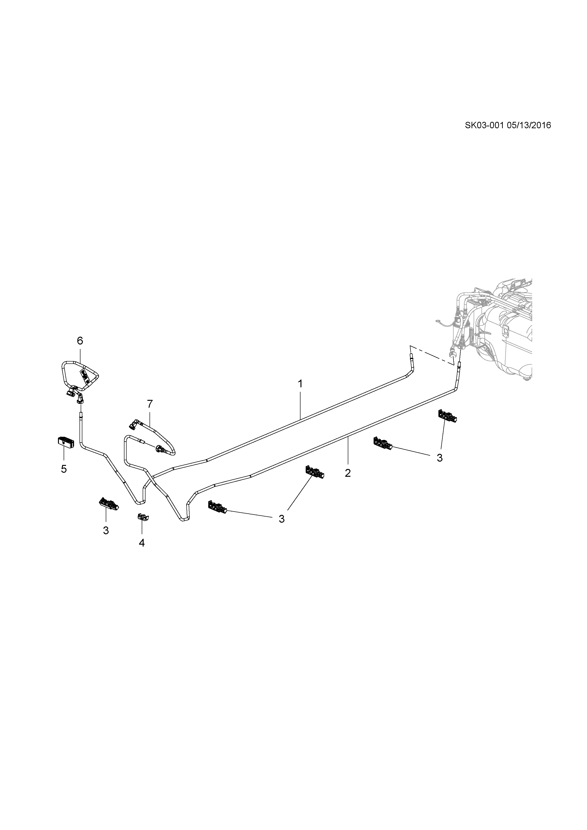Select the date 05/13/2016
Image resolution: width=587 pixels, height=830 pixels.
529,125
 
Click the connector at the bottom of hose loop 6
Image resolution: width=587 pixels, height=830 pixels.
80,399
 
